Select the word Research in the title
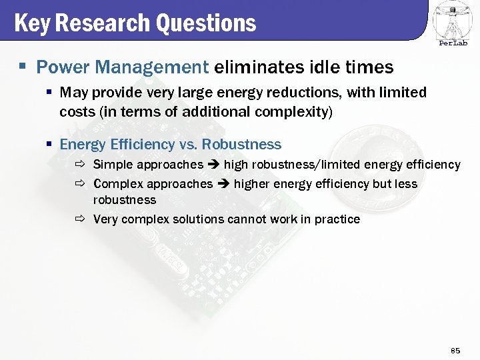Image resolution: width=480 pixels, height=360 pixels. [x=103, y=23]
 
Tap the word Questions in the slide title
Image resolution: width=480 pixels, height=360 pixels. [x=206, y=23]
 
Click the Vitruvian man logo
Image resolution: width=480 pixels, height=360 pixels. [x=453, y=19]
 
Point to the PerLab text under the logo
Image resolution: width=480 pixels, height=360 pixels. [x=453, y=43]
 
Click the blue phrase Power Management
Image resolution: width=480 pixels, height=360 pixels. [x=122, y=67]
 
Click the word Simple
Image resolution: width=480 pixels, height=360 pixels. [x=113, y=164]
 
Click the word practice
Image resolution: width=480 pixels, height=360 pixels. [x=337, y=219]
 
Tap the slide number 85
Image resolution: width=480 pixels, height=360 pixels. [x=456, y=350]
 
